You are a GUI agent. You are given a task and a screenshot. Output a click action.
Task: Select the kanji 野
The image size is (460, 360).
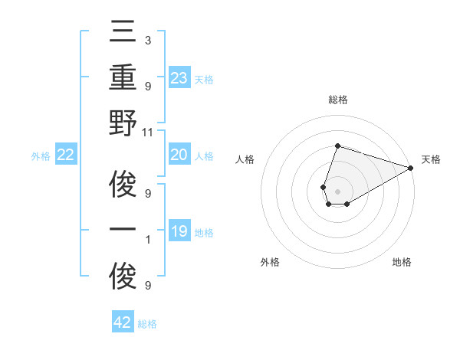[x=123, y=126]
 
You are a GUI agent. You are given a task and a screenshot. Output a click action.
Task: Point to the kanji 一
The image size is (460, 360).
[x=123, y=232]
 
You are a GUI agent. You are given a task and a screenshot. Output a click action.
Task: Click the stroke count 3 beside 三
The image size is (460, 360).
[x=147, y=40]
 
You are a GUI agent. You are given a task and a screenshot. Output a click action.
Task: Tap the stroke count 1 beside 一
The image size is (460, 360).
[x=147, y=240]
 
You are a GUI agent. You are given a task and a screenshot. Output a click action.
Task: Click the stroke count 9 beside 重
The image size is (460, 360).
[x=147, y=86]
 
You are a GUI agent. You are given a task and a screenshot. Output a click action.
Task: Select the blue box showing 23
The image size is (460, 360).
[x=179, y=77]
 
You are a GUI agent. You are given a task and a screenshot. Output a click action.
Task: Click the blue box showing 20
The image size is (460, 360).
[x=179, y=155]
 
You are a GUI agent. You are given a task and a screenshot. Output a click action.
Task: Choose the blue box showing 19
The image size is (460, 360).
[x=179, y=231]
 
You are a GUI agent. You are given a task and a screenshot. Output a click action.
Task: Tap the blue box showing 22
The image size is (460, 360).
[x=65, y=155]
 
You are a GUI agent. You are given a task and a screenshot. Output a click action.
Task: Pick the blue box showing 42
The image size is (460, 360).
[x=123, y=322]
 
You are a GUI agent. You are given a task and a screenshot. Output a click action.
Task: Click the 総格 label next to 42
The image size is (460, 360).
[x=147, y=324]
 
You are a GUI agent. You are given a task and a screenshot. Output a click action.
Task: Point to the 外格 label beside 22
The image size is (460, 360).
[x=41, y=156]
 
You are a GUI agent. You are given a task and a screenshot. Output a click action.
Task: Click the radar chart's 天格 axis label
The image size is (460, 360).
[x=431, y=159]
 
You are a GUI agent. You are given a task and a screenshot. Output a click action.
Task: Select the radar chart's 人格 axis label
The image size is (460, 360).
[x=245, y=159]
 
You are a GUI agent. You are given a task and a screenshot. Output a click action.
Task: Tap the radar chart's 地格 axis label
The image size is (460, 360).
[x=402, y=262]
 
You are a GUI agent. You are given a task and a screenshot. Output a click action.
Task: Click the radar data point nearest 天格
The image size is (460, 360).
[x=411, y=168]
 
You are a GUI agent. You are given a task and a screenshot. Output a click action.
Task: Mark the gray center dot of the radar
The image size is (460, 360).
[x=337, y=190]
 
